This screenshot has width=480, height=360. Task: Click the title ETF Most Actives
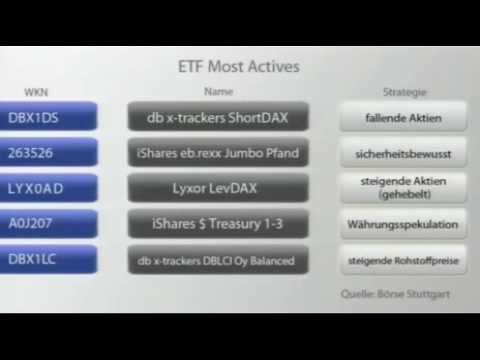coord(238,68)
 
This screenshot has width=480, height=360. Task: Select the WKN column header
coord(36,92)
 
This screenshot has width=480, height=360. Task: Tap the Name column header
coord(217,92)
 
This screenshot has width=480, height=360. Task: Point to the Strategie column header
coord(404,92)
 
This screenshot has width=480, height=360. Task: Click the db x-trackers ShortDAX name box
coord(218,117)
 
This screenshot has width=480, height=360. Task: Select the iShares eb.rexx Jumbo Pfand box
coord(218,153)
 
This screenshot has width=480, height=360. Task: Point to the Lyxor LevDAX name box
coord(218,188)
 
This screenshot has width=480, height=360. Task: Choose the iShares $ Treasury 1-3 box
coord(218,224)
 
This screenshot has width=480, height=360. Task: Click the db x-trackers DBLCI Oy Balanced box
coord(218,260)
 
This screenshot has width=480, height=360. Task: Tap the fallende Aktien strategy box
coord(403,117)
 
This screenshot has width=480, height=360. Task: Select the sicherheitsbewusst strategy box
coord(403,153)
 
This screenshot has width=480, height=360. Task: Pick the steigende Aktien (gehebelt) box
coord(403,188)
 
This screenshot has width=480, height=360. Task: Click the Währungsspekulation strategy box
coord(403,224)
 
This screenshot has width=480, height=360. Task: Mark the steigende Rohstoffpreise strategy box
coord(403,260)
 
